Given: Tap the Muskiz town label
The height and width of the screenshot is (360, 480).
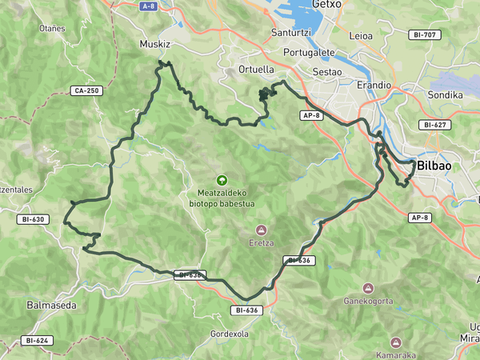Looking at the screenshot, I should [x=155, y=45].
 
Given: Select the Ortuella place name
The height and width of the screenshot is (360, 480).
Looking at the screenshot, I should [x=257, y=70].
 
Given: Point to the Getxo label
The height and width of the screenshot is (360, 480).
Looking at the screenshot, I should [x=326, y=5].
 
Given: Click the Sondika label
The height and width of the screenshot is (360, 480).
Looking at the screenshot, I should [x=446, y=94].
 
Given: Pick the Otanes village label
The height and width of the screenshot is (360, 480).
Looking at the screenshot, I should [x=52, y=28].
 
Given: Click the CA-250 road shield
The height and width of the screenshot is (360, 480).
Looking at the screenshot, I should [x=85, y=90].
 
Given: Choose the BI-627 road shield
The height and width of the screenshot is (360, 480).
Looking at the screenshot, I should [x=435, y=125].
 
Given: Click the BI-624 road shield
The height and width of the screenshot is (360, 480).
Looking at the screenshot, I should [x=38, y=341].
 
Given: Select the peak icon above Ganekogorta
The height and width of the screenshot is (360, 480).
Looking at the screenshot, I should [x=368, y=288].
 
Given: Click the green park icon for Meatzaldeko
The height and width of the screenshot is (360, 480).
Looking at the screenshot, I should [x=222, y=181].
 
